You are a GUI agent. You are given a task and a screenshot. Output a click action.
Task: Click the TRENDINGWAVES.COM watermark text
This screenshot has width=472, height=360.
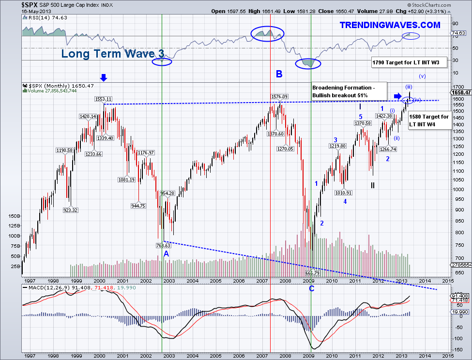tap(390, 25)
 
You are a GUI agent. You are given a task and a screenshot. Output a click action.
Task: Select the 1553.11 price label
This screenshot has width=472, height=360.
tap(104, 99)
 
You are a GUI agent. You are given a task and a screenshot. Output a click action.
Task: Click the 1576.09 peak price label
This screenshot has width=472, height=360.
tap(280, 96)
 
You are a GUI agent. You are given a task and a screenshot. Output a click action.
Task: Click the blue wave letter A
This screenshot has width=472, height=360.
tap(166, 254)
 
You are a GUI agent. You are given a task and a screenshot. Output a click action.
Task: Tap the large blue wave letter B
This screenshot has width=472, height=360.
tap(279, 74)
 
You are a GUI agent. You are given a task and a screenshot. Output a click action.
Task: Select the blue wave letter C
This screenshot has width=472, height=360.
tap(311, 289)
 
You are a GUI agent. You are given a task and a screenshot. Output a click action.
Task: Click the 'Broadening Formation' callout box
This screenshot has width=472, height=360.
tap(349, 91)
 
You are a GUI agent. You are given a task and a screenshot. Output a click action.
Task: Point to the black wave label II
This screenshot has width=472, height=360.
tap(373, 185)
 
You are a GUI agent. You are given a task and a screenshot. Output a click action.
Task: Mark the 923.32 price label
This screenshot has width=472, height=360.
tap(70, 210)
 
